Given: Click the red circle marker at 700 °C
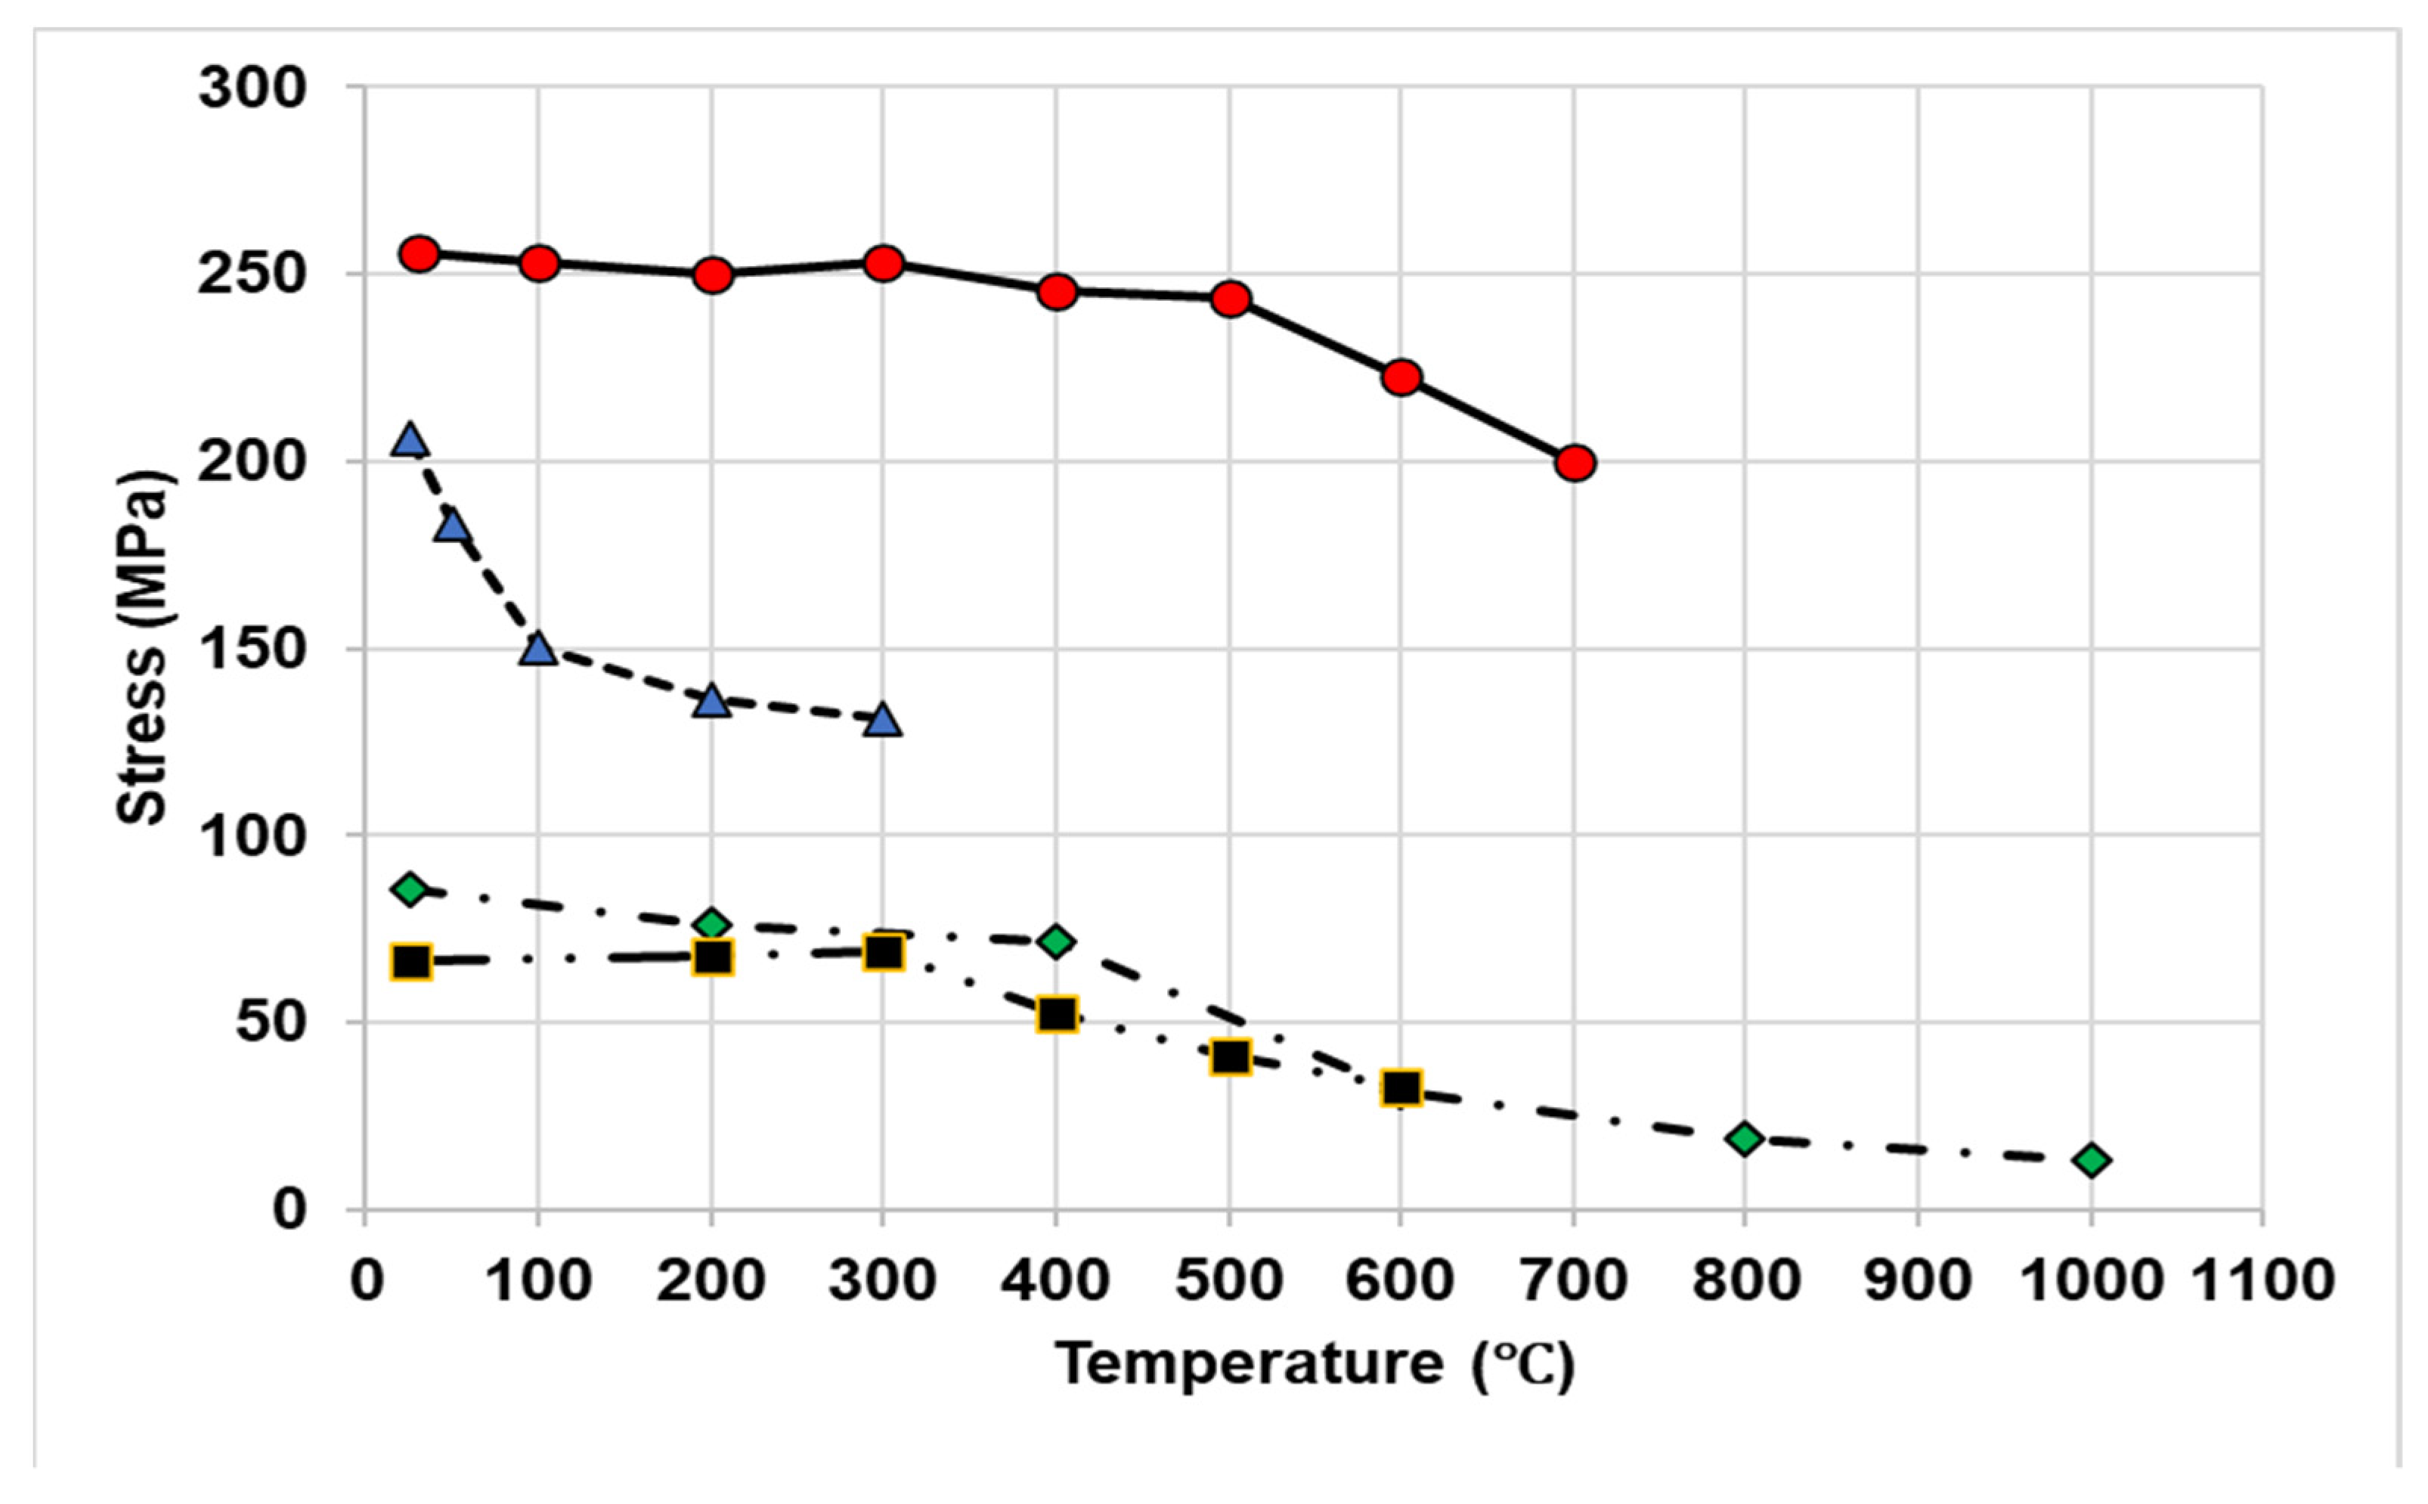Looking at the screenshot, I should click(x=1575, y=464).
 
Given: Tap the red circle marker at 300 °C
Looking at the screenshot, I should click(x=884, y=264).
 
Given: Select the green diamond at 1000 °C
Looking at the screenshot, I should click(x=2092, y=1160).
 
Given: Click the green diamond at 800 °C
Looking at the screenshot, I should click(x=1745, y=1138).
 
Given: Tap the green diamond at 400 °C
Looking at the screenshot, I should click(x=1056, y=941).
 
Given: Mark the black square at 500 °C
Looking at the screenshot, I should click(x=1231, y=1057).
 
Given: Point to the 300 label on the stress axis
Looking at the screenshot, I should click(x=252, y=88).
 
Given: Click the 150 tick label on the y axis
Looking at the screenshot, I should click(x=252, y=650).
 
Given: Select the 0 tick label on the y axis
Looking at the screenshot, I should click(x=288, y=1211).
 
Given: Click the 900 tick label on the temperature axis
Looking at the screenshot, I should click(x=1918, y=1281).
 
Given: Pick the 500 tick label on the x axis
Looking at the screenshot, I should click(x=1229, y=1281).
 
